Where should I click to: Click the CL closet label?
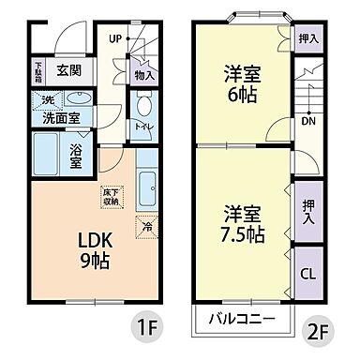click(307, 274)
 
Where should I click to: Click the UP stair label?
click(114, 38)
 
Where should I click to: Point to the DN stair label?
click(306, 121)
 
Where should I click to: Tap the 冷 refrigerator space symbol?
click(146, 225)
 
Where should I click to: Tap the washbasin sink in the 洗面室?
click(79, 99)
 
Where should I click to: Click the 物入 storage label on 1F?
click(143, 74)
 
